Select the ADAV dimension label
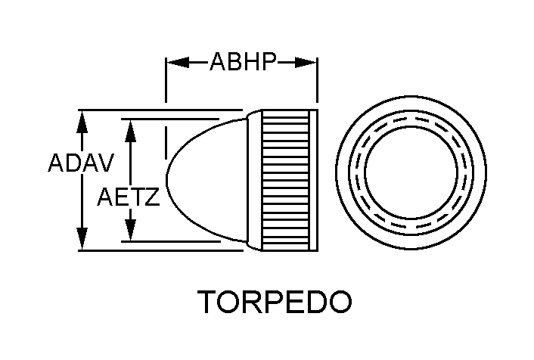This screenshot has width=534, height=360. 81,163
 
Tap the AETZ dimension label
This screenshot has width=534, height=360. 129,198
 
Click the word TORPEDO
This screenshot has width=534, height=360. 275,302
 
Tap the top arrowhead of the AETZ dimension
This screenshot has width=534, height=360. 131,129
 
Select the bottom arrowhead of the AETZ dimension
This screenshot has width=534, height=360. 131,231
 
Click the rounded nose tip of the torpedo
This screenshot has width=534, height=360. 168,180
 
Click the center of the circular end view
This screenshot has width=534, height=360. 411,180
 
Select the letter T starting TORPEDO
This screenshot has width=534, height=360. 210,302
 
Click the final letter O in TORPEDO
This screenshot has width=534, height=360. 340,302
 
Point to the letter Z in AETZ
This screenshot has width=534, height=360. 152,198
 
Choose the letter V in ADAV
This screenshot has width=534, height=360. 105,163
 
